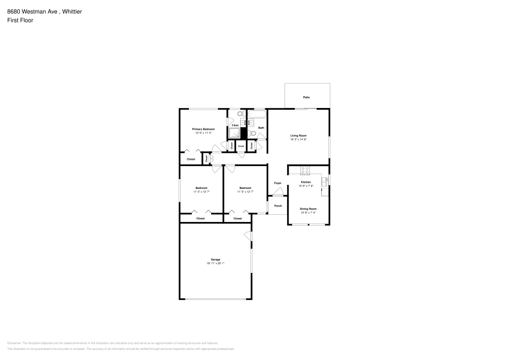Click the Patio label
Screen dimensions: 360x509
pos(306,97)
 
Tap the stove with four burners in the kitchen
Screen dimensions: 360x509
pos(306,170)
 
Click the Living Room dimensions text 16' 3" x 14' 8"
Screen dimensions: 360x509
pos(298,140)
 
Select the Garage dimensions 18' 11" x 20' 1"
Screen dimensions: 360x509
pos(215,264)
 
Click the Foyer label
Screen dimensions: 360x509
pos(277,183)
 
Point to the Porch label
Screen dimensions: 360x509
pos(278,206)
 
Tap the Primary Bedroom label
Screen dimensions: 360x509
pos(203,129)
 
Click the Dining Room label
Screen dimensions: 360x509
pos(308,209)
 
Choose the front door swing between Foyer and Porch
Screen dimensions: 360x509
pos(277,192)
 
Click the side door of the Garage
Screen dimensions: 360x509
pos(248,236)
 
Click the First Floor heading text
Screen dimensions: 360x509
pos(20,20)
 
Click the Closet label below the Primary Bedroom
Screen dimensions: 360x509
pos(191,159)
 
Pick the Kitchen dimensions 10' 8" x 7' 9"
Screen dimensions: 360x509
pos(306,186)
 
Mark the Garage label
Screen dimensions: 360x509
pos(215,260)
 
